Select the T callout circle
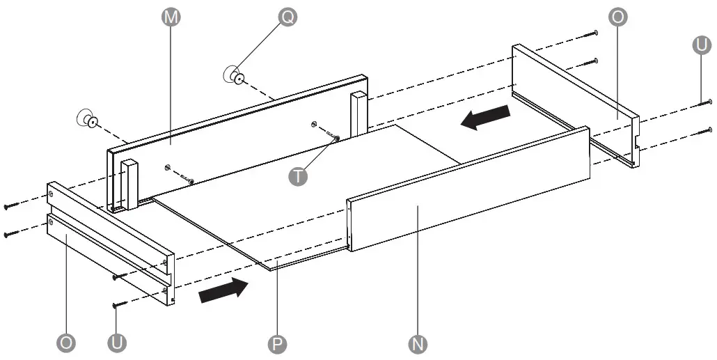pyautogui.click(x=298, y=176)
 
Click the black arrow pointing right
pyautogui.click(x=223, y=289)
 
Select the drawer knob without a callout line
pyautogui.click(x=87, y=119)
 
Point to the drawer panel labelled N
pyautogui.click(x=466, y=188)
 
